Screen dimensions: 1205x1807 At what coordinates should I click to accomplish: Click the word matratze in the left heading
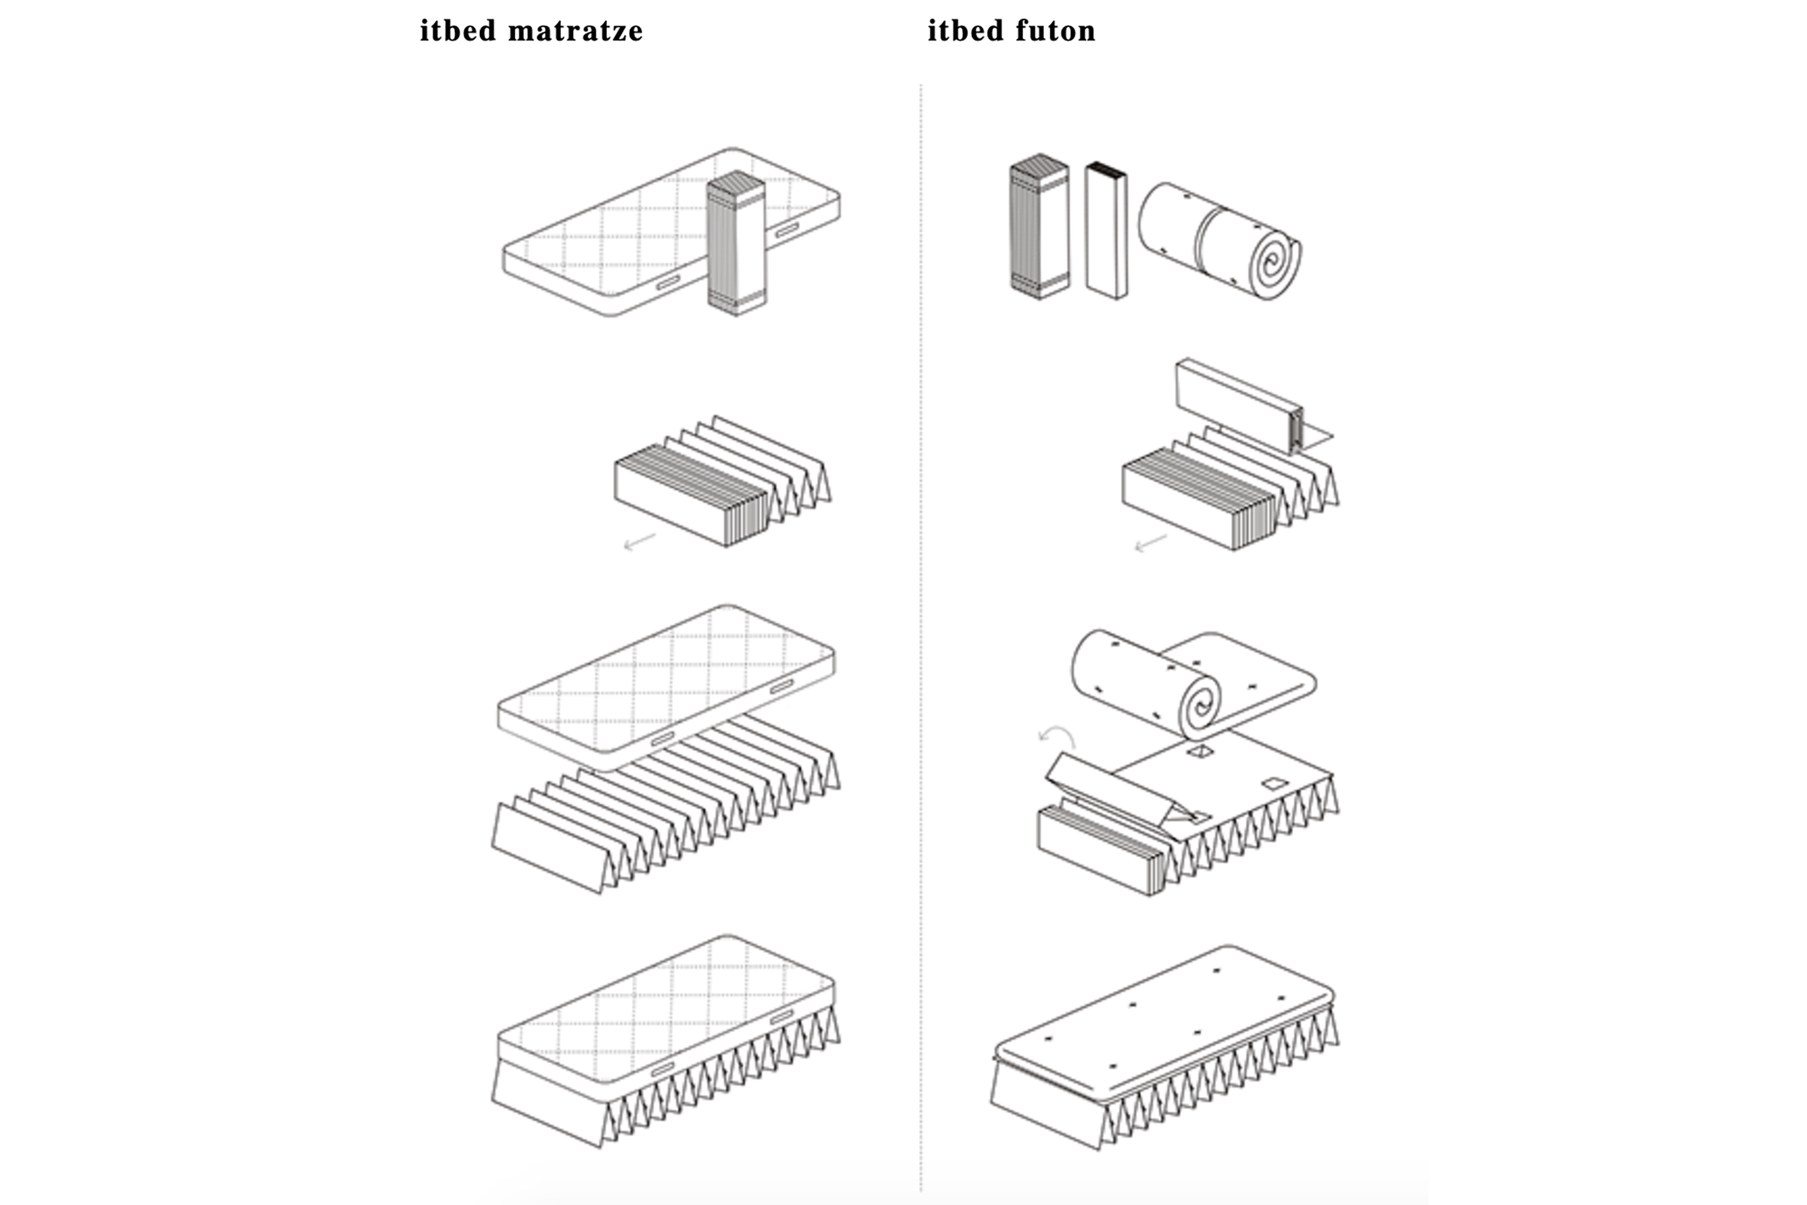pos(575,31)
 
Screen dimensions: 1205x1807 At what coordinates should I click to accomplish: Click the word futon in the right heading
pos(1055,31)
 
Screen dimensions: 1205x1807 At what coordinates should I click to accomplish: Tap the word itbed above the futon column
pos(966,31)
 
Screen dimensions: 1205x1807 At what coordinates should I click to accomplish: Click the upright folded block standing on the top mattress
pos(735,244)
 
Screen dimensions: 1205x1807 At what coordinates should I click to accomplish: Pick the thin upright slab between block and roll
pos(1106,230)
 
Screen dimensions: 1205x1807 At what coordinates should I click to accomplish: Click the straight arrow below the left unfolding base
pos(639,542)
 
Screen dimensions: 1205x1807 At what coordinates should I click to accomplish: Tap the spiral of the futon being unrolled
pos(1198,705)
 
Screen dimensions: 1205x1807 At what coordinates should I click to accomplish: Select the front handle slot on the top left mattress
pos(668,283)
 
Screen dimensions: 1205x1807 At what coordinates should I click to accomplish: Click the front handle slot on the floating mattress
pos(663,739)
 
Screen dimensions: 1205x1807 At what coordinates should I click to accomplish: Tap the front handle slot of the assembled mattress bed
pos(663,1069)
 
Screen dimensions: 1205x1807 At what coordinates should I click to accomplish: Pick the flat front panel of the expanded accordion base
pos(547,849)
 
